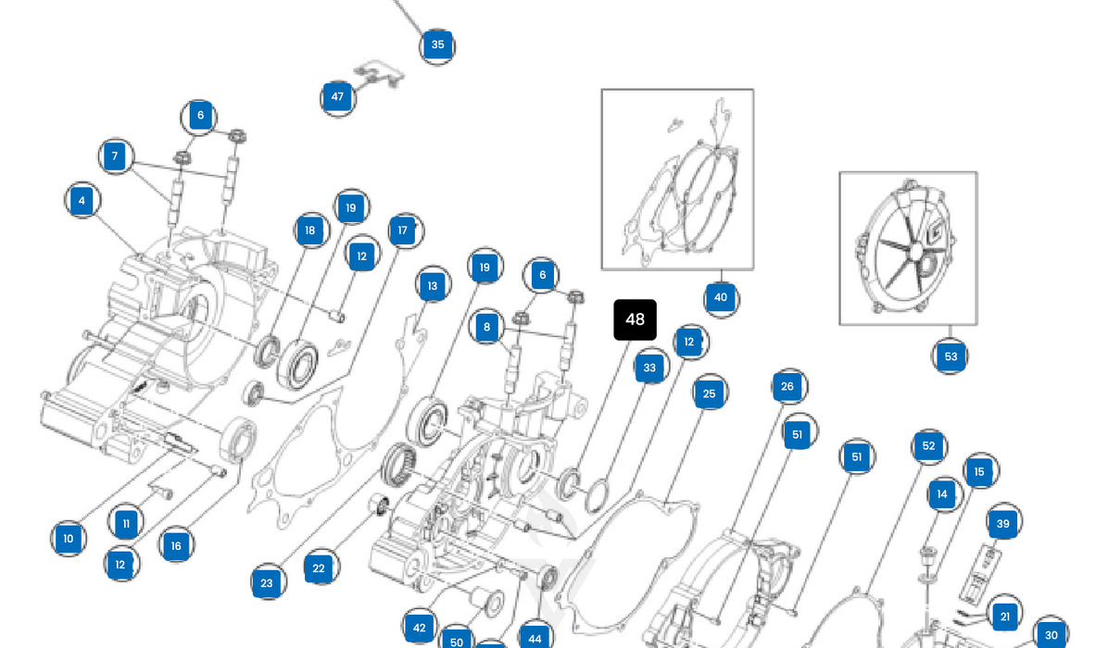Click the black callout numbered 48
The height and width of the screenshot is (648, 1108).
tap(635, 319)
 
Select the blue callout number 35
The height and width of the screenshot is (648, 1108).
tap(437, 44)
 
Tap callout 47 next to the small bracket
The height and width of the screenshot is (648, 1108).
tap(337, 96)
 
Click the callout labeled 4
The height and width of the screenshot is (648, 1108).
tap(82, 200)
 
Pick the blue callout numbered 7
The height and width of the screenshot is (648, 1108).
tap(115, 156)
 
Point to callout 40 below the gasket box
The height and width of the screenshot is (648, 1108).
tap(721, 297)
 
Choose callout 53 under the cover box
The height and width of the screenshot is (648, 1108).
tap(951, 356)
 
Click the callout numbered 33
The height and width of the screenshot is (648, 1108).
tap(649, 368)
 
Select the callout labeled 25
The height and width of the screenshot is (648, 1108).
tap(709, 393)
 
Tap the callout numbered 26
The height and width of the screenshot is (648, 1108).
tap(787, 386)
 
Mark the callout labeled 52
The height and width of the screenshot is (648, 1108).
tap(929, 446)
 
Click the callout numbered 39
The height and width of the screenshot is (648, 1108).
tap(1002, 524)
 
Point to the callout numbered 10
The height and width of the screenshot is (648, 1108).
tap(68, 539)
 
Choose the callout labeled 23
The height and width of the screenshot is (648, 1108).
tap(267, 583)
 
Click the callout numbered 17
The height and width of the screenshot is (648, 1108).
tap(403, 231)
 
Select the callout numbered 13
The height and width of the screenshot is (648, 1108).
tap(433, 286)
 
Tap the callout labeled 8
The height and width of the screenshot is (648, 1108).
tap(486, 327)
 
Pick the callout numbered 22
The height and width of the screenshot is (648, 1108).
tap(319, 568)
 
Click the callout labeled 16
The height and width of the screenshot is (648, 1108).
tap(176, 545)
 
